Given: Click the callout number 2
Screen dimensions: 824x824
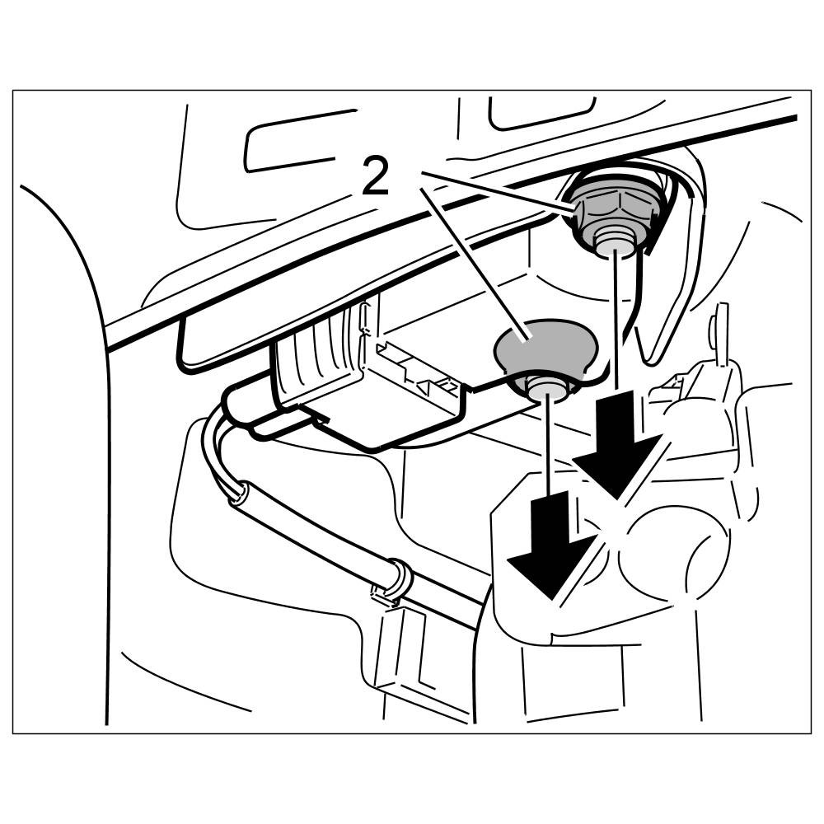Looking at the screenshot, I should [376, 176].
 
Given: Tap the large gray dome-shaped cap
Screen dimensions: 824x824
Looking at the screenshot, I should [544, 346].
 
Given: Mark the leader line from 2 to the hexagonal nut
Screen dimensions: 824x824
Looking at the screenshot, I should [494, 192].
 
